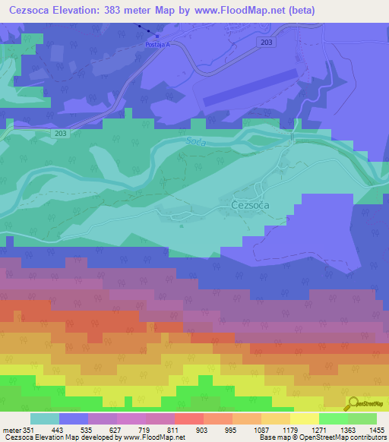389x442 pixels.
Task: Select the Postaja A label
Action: [x=157, y=46]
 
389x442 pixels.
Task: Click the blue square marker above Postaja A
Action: [x=157, y=36]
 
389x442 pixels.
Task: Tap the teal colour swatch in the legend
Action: [x=45, y=418]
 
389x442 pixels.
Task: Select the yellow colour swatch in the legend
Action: [x=304, y=418]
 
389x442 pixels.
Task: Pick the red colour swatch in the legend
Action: [x=188, y=418]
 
